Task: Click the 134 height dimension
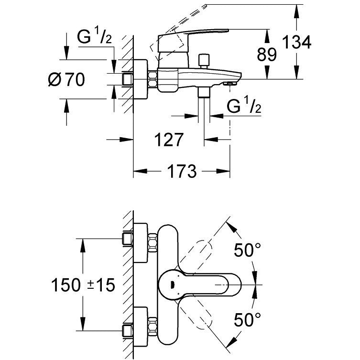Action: (x=296, y=43)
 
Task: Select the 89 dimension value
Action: (x=267, y=55)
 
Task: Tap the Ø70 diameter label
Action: (x=66, y=79)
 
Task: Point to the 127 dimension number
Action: (x=169, y=140)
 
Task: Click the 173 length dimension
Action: (x=182, y=171)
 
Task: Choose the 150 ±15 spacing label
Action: (x=83, y=285)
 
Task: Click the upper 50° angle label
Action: (x=247, y=250)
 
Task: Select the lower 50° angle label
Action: (x=247, y=319)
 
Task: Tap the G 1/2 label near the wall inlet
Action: (x=94, y=37)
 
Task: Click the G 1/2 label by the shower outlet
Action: (x=244, y=106)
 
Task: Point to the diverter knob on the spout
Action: (x=204, y=60)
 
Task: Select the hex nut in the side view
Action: (x=153, y=79)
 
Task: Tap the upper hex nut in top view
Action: (x=153, y=242)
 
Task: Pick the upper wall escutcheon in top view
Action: (x=141, y=243)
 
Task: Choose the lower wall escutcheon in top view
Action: (x=141, y=327)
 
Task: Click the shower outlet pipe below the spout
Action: (x=204, y=108)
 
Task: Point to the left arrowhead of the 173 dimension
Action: (x=140, y=171)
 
